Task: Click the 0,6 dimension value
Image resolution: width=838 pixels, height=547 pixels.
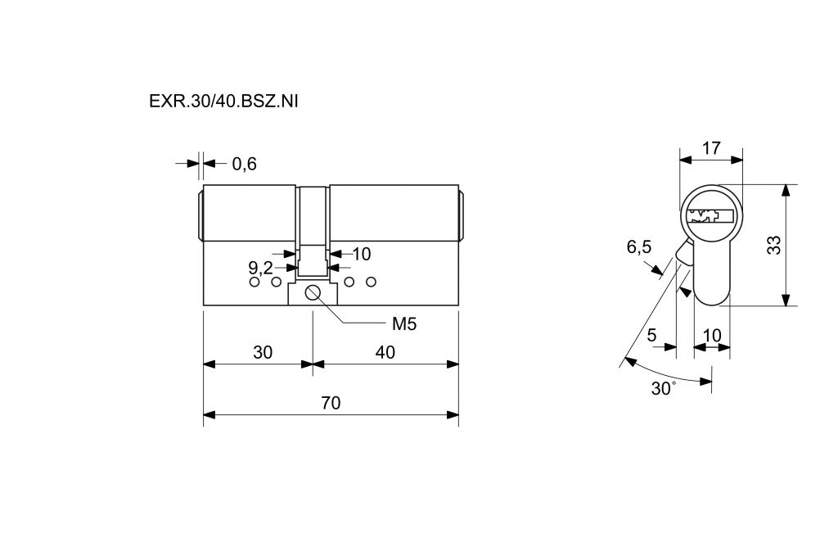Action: [244, 164]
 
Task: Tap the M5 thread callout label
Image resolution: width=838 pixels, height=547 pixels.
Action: [404, 323]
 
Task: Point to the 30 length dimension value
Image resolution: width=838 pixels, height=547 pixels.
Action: [262, 352]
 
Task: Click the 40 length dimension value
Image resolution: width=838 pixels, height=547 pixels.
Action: [385, 352]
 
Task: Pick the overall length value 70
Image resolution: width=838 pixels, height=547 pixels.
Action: [331, 403]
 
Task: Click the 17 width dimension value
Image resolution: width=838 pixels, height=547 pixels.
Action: [711, 148]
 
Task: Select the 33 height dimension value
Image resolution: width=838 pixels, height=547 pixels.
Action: [773, 245]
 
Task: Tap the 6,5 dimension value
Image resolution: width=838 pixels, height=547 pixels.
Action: [639, 247]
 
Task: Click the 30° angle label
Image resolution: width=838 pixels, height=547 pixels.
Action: [663, 389]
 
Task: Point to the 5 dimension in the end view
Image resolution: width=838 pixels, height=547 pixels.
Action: [652, 334]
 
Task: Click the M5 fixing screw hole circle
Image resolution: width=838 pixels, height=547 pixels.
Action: [313, 294]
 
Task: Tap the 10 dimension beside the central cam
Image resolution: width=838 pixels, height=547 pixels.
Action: [361, 254]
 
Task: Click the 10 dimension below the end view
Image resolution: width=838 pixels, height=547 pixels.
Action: [711, 334]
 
